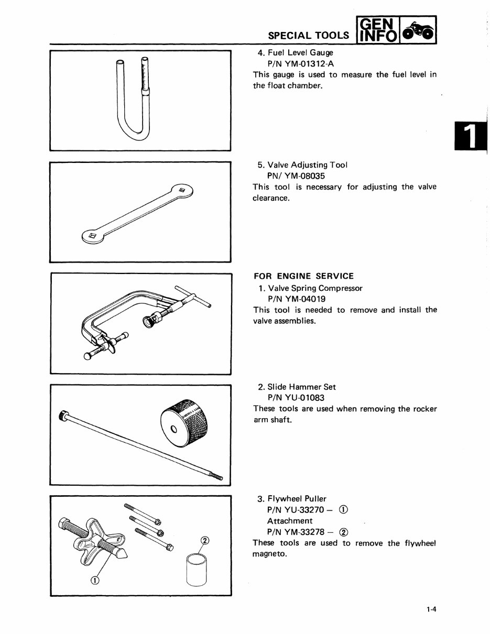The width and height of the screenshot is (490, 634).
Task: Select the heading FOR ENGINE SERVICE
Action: (x=303, y=276)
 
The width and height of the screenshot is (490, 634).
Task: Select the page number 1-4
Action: (x=432, y=609)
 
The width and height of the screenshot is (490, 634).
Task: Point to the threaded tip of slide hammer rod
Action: (x=216, y=476)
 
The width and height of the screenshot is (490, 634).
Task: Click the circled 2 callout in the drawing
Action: (x=205, y=541)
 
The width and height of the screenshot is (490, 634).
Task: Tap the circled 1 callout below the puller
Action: (x=95, y=580)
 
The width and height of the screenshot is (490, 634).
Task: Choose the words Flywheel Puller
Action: (x=297, y=499)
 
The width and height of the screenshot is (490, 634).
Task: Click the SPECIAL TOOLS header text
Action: (x=308, y=35)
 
